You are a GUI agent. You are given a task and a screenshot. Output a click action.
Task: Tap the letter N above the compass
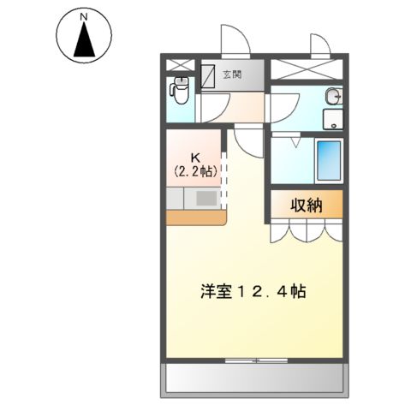click(x=83, y=15)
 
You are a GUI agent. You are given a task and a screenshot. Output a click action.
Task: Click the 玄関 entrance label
click(x=232, y=74)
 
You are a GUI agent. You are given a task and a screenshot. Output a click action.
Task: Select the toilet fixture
click(x=181, y=88)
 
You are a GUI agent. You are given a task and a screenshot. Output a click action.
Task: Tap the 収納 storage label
click(x=307, y=204)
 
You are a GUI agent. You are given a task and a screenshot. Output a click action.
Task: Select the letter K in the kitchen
click(x=195, y=156)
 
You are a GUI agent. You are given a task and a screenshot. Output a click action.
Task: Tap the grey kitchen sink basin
click(x=207, y=199)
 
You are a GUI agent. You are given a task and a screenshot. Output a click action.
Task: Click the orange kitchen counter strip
click(x=195, y=217)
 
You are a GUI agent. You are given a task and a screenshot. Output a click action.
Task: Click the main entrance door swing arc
click(x=233, y=39)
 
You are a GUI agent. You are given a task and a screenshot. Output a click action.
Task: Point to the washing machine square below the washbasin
click(x=332, y=120)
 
